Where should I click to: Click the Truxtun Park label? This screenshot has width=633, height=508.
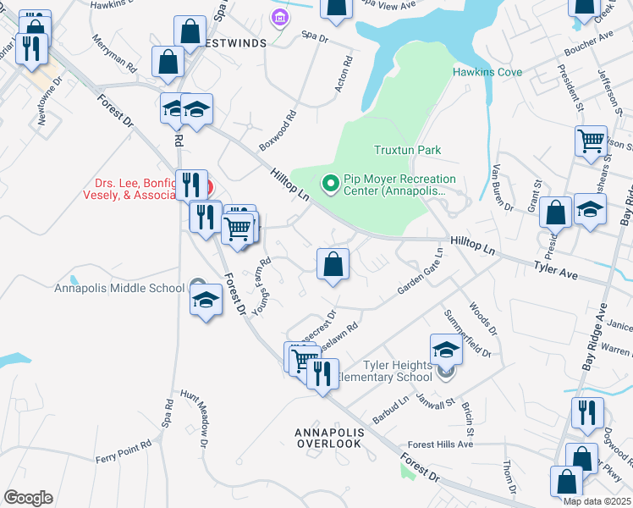pos(408,150)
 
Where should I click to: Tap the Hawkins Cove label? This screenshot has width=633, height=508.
pos(487,73)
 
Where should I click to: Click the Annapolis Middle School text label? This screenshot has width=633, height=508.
pos(119,287)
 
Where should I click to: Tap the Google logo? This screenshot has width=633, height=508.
pos(28,497)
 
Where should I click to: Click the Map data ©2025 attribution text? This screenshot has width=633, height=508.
pos(596,501)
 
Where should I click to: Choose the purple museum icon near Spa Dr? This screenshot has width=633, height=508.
pos(278,16)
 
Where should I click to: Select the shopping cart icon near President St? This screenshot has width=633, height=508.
pos(591,141)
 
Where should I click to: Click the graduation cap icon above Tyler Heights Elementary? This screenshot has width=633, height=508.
pos(446,348)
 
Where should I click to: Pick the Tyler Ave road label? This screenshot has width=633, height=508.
pos(554,268)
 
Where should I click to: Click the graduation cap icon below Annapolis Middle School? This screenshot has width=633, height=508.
pos(206,301)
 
